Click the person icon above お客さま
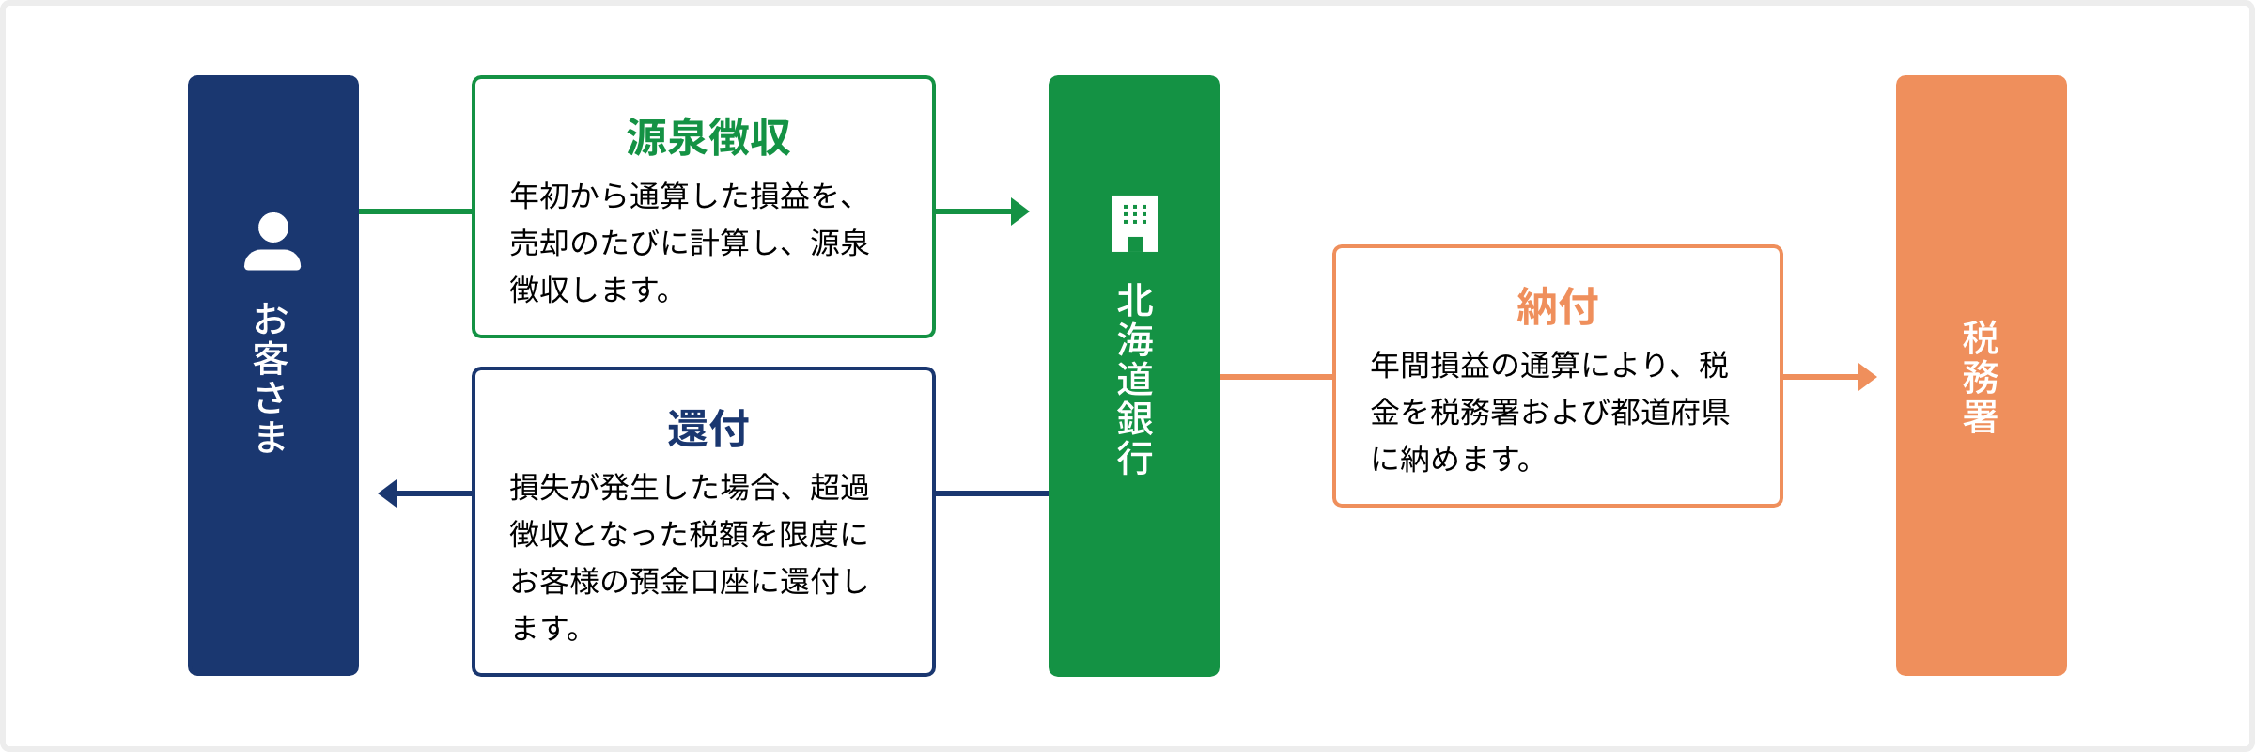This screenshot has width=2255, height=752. coord(272,242)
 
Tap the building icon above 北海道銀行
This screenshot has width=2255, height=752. coord(1134,224)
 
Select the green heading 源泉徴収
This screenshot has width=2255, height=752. coord(708,137)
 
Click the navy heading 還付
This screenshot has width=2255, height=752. coord(708,429)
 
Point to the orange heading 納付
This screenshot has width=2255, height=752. coord(1557,306)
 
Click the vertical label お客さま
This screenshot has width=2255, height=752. coord(272,378)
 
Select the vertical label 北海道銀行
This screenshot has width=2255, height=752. coord(1135,380)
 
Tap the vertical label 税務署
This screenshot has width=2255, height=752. coord(1981,377)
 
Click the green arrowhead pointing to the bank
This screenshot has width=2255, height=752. coord(1020,211)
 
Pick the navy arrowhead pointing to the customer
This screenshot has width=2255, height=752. coord(387,493)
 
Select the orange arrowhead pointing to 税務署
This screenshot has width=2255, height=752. coord(1868,377)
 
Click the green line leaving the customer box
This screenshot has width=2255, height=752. coord(415,211)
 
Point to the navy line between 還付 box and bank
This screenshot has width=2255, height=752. coord(991,493)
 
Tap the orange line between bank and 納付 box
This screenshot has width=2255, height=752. coord(1276,377)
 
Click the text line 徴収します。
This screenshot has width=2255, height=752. coord(590,290)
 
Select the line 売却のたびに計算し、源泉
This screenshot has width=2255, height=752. coord(690,243)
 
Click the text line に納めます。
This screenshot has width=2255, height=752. coord(1451,459)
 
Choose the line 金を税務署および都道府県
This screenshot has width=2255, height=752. coord(1550,412)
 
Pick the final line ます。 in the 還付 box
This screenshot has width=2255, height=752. coord(545,628)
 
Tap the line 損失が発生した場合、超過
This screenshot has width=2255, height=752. coord(690,487)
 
